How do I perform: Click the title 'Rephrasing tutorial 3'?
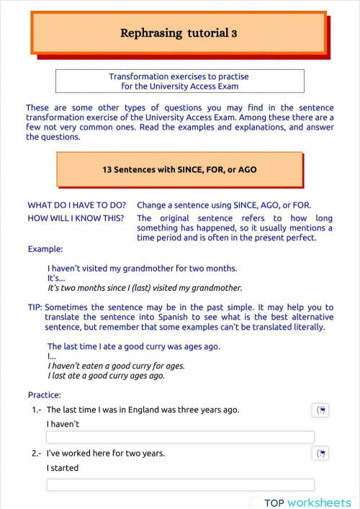[179, 33]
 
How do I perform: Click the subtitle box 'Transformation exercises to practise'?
[179, 76]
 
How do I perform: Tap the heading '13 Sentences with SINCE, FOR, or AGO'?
[179, 170]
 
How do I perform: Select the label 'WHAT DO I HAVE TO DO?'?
[77, 205]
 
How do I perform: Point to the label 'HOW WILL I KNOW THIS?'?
[76, 218]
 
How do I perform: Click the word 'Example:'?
[45, 249]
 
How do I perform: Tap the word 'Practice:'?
[45, 395]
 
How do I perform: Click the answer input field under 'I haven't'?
[180, 437]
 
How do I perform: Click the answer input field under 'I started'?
[180, 485]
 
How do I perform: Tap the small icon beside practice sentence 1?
[322, 410]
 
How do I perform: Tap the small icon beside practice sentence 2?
[322, 454]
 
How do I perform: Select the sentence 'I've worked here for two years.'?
[106, 454]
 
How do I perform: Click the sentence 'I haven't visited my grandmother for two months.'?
[142, 269]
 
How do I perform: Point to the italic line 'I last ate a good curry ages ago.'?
[106, 376]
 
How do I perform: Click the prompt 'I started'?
[63, 468]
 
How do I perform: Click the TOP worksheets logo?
[307, 503]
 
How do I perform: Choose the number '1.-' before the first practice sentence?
[37, 410]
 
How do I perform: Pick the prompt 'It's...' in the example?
[56, 278]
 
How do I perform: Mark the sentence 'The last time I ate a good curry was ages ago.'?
[134, 346]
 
